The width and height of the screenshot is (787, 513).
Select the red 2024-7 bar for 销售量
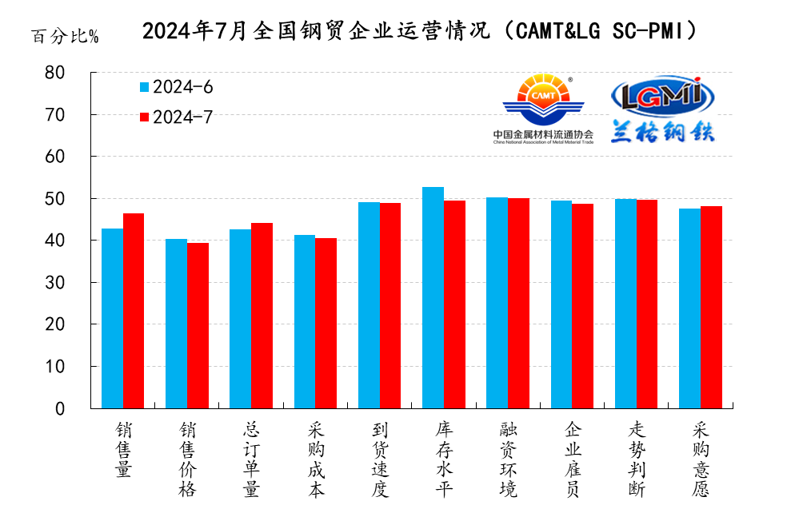(x=134, y=311)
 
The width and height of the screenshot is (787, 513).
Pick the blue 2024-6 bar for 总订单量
(x=240, y=319)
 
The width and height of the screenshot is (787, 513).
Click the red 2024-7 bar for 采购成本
(x=326, y=323)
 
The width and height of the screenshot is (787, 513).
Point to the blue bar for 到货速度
(x=369, y=305)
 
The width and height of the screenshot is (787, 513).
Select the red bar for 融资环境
(x=518, y=303)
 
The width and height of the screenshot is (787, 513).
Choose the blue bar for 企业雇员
(x=561, y=304)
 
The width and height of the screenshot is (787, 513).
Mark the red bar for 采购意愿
(x=711, y=307)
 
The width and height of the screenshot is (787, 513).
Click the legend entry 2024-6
(x=176, y=87)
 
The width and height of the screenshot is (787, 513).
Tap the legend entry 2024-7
(x=176, y=117)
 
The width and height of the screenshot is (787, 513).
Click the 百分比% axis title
(x=65, y=37)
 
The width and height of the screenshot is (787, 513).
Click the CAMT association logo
(x=543, y=109)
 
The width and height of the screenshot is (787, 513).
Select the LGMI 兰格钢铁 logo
(x=662, y=109)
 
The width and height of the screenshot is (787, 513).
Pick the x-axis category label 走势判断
(x=637, y=459)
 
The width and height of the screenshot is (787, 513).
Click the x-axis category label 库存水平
(x=444, y=459)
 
